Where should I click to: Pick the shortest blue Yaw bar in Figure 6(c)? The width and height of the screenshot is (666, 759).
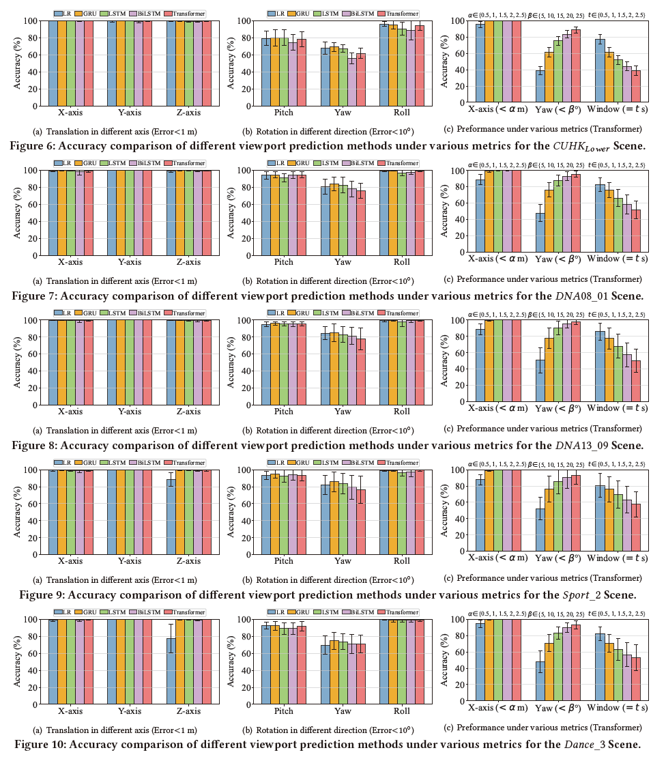click(x=540, y=88)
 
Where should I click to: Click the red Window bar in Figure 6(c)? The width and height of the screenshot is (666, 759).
click(x=635, y=88)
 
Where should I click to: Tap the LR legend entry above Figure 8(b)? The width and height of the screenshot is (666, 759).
click(x=276, y=313)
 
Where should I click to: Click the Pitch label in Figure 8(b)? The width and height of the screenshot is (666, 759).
click(x=283, y=412)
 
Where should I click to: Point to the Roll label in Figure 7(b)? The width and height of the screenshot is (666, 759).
click(x=402, y=262)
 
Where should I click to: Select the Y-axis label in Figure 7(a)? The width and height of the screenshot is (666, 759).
click(x=130, y=262)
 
